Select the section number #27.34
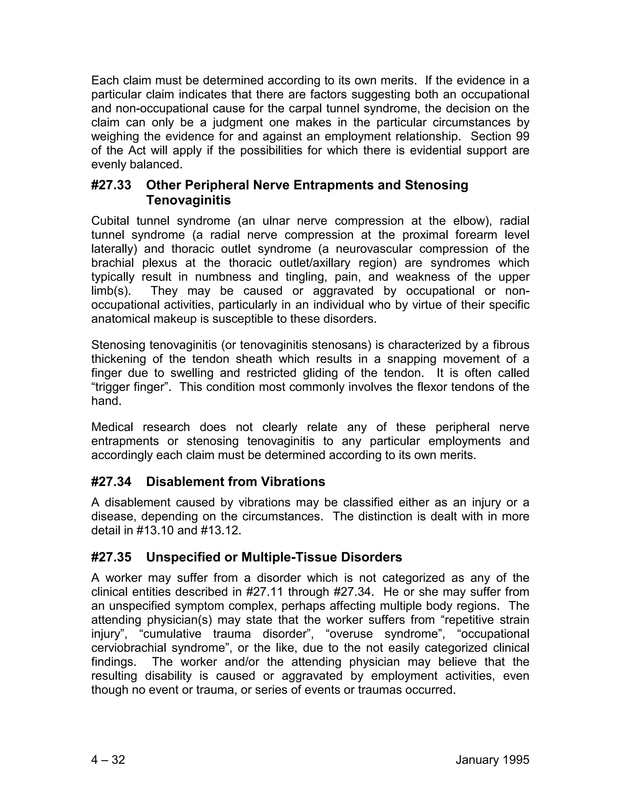point(111,482)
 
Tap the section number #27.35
point(111,557)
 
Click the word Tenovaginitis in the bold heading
point(188,201)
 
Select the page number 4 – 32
point(108,760)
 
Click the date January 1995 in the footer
point(492,760)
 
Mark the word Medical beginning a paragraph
point(112,427)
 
